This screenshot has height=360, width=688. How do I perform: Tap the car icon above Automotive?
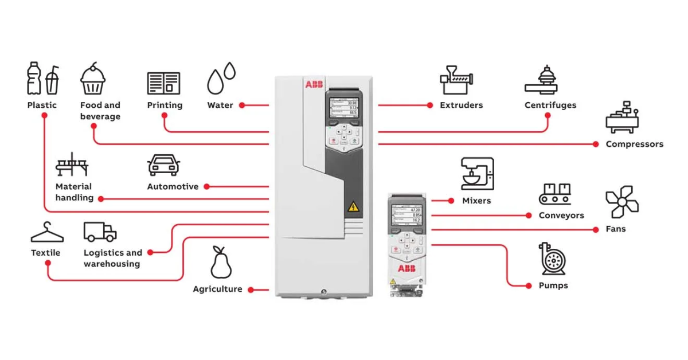click(163, 165)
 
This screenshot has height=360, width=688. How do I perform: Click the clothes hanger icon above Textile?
click(47, 233)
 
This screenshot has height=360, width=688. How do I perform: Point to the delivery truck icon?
click(100, 232)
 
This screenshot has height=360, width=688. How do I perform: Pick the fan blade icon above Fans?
click(622, 202)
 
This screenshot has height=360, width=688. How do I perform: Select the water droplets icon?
click(221, 78)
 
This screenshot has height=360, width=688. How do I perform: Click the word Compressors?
click(634, 144)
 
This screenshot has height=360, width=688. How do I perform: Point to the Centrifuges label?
click(550, 105)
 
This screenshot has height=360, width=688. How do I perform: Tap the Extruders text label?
click(461, 105)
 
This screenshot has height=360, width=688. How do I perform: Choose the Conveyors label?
click(561, 216)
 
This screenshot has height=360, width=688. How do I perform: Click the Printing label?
click(165, 105)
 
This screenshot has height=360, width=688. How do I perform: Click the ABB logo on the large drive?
click(314, 85)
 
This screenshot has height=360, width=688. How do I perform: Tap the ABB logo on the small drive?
click(406, 269)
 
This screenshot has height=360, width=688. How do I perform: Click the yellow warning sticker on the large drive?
click(352, 208)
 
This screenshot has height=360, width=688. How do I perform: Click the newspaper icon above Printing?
click(163, 83)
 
